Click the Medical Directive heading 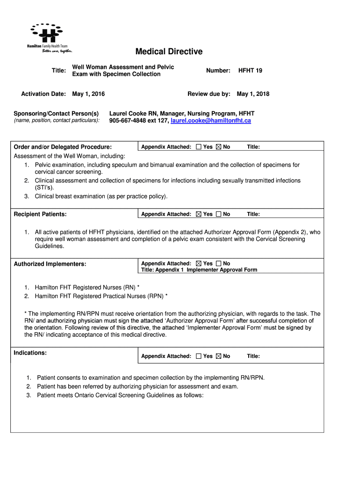(169, 51)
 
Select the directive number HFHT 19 (250, 71)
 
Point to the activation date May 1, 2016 (88, 94)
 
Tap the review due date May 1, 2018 (253, 94)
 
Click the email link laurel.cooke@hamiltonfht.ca (211, 121)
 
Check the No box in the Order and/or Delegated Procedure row (218, 147)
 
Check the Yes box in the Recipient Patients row (199, 214)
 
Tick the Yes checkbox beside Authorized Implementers (199, 264)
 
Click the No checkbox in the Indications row (218, 356)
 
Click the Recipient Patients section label (40, 214)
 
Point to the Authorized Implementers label (50, 264)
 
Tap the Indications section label (30, 353)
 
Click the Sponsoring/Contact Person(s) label (56, 114)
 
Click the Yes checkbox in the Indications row (199, 356)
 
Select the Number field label (218, 71)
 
